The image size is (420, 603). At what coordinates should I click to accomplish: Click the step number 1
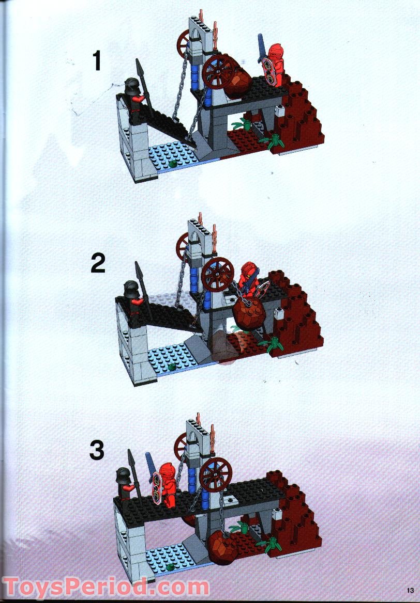[96, 61]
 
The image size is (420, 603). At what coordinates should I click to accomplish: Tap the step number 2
[98, 263]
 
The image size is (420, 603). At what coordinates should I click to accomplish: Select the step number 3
[97, 450]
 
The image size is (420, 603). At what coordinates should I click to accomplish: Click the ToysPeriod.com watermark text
[106, 588]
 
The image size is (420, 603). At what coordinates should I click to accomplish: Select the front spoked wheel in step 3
[215, 474]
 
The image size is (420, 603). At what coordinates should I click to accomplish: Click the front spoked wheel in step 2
[217, 274]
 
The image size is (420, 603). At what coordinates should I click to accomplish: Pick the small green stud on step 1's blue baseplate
[172, 164]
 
